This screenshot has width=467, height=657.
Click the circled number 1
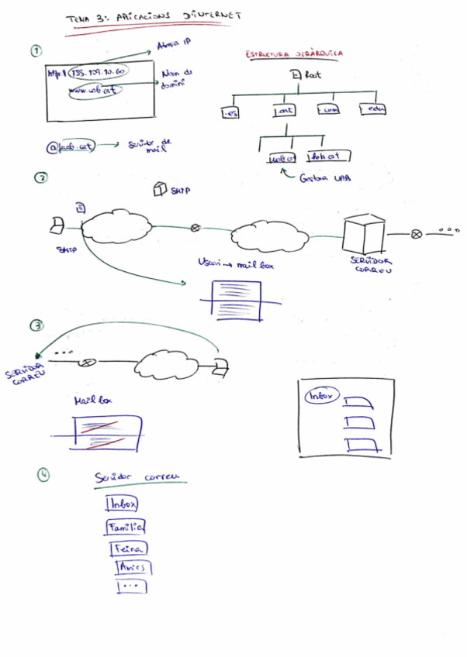pos(36,50)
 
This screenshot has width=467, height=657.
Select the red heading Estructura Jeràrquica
pos(295,54)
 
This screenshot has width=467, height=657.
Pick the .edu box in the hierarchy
pos(372,110)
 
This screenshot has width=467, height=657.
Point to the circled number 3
pos(36,325)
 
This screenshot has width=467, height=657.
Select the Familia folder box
pos(125,527)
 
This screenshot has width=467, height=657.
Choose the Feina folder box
pos(129,548)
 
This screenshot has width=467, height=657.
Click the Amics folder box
pos(133,568)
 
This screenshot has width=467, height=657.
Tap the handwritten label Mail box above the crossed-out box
pos(94,401)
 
